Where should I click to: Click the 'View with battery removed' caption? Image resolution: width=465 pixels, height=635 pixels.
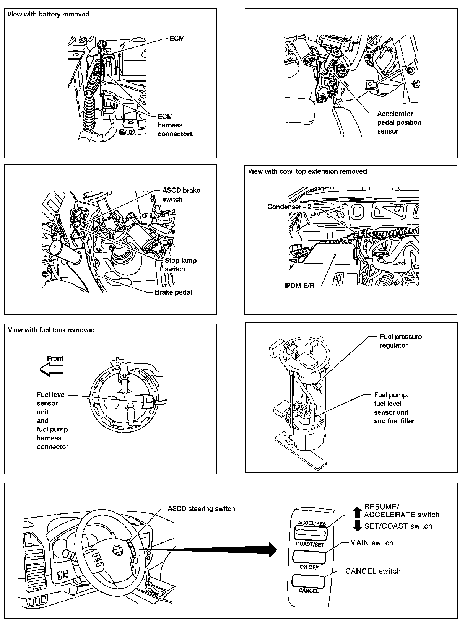[48, 15]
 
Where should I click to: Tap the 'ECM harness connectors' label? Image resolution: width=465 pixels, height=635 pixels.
[175, 125]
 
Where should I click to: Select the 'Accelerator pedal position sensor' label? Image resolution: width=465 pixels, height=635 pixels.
[399, 122]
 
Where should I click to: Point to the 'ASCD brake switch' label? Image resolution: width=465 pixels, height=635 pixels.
[181, 195]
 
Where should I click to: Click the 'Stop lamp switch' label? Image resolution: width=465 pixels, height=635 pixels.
[180, 265]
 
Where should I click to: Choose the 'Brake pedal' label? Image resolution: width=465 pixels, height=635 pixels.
[173, 292]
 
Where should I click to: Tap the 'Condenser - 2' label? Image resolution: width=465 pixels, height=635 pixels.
[289, 207]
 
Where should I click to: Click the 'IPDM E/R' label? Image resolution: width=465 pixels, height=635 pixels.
[299, 286]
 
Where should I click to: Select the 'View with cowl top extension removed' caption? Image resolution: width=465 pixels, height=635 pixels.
[307, 171]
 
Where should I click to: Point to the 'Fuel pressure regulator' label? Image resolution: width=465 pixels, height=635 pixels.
[400, 341]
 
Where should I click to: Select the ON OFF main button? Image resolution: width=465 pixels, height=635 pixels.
[309, 557]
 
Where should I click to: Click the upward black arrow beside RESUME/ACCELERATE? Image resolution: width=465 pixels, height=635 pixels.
[357, 512]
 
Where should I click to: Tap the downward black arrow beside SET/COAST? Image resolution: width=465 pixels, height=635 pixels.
[357, 526]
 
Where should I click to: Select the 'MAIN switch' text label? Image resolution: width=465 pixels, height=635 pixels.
[371, 543]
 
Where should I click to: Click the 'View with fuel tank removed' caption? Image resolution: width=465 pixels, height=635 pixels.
[51, 330]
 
